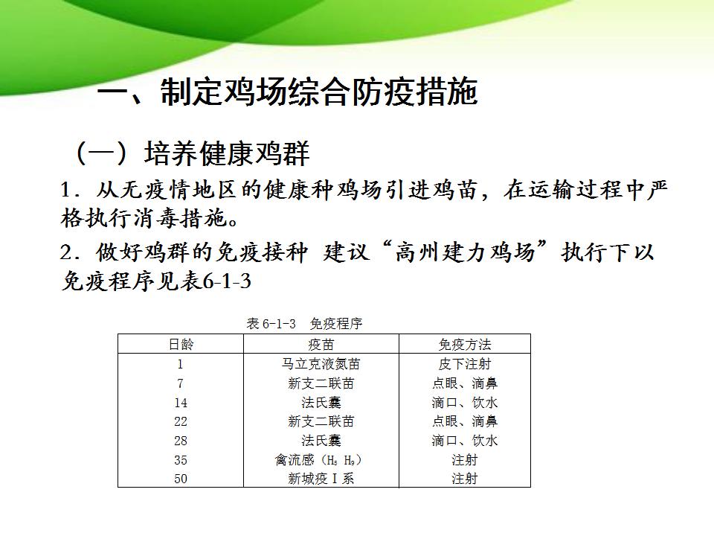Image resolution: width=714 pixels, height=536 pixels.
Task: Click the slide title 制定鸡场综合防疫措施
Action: tap(319, 92)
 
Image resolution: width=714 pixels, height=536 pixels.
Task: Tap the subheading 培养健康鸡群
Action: tap(227, 153)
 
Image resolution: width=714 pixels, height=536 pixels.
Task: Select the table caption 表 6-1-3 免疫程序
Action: tap(305, 324)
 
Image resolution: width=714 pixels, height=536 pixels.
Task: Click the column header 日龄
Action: tap(181, 344)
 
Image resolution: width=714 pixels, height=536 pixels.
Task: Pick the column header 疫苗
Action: tap(321, 344)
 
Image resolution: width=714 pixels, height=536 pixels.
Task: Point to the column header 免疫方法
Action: tap(464, 344)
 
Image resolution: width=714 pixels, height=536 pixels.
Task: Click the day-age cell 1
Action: tap(180, 364)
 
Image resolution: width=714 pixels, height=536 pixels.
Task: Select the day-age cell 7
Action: tap(180, 383)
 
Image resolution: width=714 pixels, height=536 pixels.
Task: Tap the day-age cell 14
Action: tap(180, 403)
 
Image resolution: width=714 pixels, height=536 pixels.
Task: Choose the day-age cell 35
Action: tap(180, 460)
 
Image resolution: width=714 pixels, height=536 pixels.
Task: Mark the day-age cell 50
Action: tap(180, 479)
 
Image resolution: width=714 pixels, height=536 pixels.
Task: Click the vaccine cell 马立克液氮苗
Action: tap(321, 364)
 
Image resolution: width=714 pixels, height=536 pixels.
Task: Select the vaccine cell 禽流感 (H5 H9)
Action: tap(318, 460)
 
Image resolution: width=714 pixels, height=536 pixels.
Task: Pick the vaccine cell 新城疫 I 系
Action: tap(321, 479)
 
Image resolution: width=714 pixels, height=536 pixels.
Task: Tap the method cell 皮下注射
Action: tap(464, 364)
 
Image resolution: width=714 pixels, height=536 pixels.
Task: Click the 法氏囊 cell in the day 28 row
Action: tap(321, 440)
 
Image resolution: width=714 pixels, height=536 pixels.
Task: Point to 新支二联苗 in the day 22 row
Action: tap(321, 421)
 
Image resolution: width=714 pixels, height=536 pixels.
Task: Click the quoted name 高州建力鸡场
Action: tap(465, 252)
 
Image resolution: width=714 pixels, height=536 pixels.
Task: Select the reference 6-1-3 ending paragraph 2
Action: tap(226, 281)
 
